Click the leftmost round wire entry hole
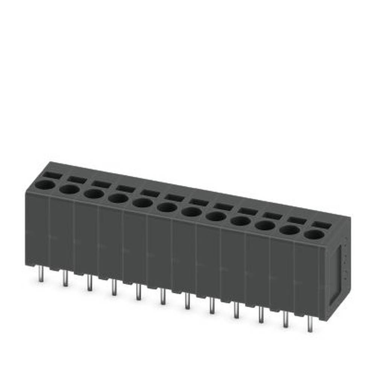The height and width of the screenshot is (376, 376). click(45, 185)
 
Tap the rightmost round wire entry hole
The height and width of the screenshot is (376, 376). click(314, 235)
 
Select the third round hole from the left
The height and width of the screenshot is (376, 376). click(94, 194)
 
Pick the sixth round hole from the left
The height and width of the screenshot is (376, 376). click(167, 207)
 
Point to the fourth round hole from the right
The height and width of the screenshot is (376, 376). click(241, 221)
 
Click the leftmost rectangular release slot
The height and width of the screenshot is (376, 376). click(52, 175)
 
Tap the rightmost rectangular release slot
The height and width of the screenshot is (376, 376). click(321, 225)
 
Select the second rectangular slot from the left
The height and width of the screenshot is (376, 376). click(77, 180)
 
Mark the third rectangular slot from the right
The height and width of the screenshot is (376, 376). click(273, 216)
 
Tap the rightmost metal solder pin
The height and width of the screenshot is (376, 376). click(310, 323)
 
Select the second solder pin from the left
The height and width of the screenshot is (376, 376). click(65, 279)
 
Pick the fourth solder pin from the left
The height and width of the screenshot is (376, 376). click(114, 288)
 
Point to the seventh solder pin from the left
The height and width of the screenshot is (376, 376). click(187, 302)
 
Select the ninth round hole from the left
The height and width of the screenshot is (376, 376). click(241, 221)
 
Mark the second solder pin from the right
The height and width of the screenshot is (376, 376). click(286, 319)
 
